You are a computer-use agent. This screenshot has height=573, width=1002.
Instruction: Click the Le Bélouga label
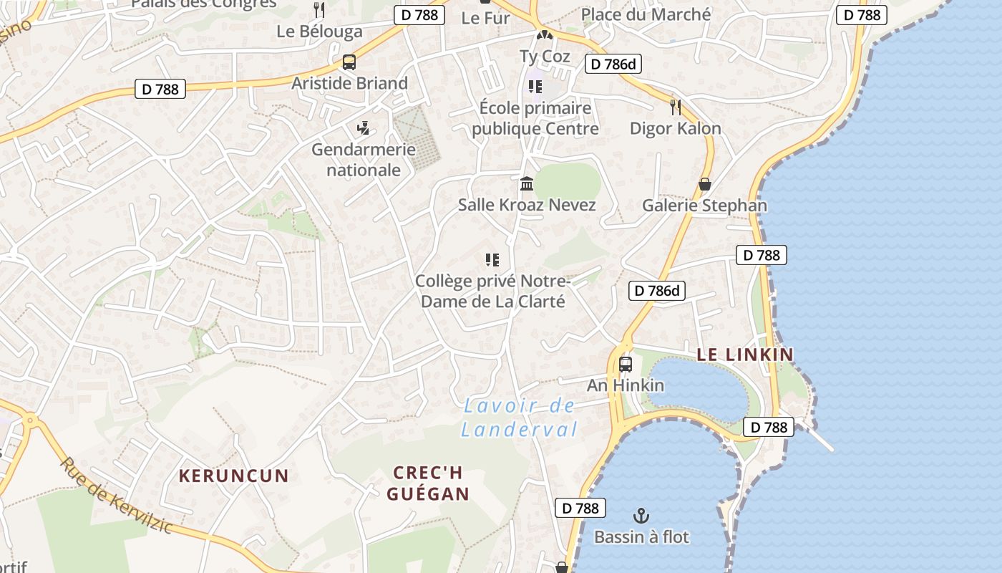[319, 32]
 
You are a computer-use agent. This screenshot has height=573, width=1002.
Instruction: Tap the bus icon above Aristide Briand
[349, 62]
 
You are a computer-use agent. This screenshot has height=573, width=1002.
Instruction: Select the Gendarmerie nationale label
[363, 160]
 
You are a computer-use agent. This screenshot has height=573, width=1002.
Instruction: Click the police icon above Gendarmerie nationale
[364, 129]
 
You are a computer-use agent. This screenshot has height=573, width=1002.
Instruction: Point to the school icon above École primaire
[535, 87]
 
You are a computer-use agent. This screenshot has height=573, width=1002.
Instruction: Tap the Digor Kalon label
[675, 128]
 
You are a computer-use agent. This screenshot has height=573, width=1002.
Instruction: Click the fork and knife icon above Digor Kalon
[675, 107]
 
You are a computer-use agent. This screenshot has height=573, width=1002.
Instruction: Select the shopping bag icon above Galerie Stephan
[705, 185]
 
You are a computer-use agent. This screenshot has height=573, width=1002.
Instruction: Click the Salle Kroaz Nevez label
[527, 205]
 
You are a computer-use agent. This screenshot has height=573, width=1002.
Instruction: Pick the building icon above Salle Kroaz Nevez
[527, 184]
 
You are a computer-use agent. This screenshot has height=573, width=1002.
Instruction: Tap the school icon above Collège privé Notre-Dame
[492, 259]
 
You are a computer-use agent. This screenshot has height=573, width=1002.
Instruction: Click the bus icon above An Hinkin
[626, 364]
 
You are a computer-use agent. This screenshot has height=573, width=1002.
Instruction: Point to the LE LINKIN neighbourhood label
[745, 354]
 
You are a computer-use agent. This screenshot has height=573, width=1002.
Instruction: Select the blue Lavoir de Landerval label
[519, 418]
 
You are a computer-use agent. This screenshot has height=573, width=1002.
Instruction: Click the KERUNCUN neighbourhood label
[233, 476]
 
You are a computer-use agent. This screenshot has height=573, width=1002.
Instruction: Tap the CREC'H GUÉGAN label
[428, 483]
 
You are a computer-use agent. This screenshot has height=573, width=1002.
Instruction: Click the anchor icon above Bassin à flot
[641, 516]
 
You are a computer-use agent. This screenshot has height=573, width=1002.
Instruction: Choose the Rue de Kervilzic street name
[116, 494]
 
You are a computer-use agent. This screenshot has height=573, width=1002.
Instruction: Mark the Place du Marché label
[646, 14]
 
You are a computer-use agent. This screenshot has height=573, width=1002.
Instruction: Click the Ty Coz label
[545, 56]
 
